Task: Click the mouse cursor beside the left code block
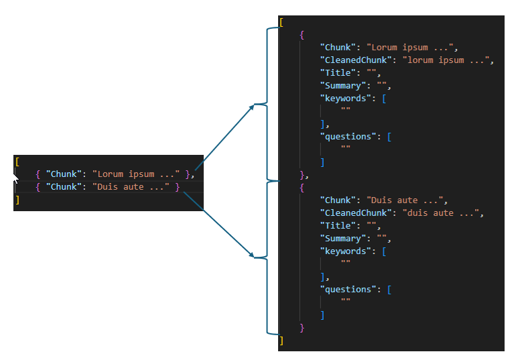[x=15, y=178]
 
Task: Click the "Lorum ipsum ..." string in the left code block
[x=136, y=174]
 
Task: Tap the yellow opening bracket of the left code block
[x=17, y=162]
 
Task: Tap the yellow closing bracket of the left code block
[x=17, y=200]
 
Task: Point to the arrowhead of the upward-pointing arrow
[x=252, y=107]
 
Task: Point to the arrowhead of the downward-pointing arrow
[x=252, y=255]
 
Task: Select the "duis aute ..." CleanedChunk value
[x=440, y=213]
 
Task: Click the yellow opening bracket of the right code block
[x=281, y=22]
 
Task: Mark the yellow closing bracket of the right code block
[x=281, y=341]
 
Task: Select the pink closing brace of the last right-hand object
[x=302, y=328]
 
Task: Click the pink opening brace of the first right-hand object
[x=302, y=35]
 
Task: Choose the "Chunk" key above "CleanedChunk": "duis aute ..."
[x=338, y=200]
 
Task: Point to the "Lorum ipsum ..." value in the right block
[x=409, y=48]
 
